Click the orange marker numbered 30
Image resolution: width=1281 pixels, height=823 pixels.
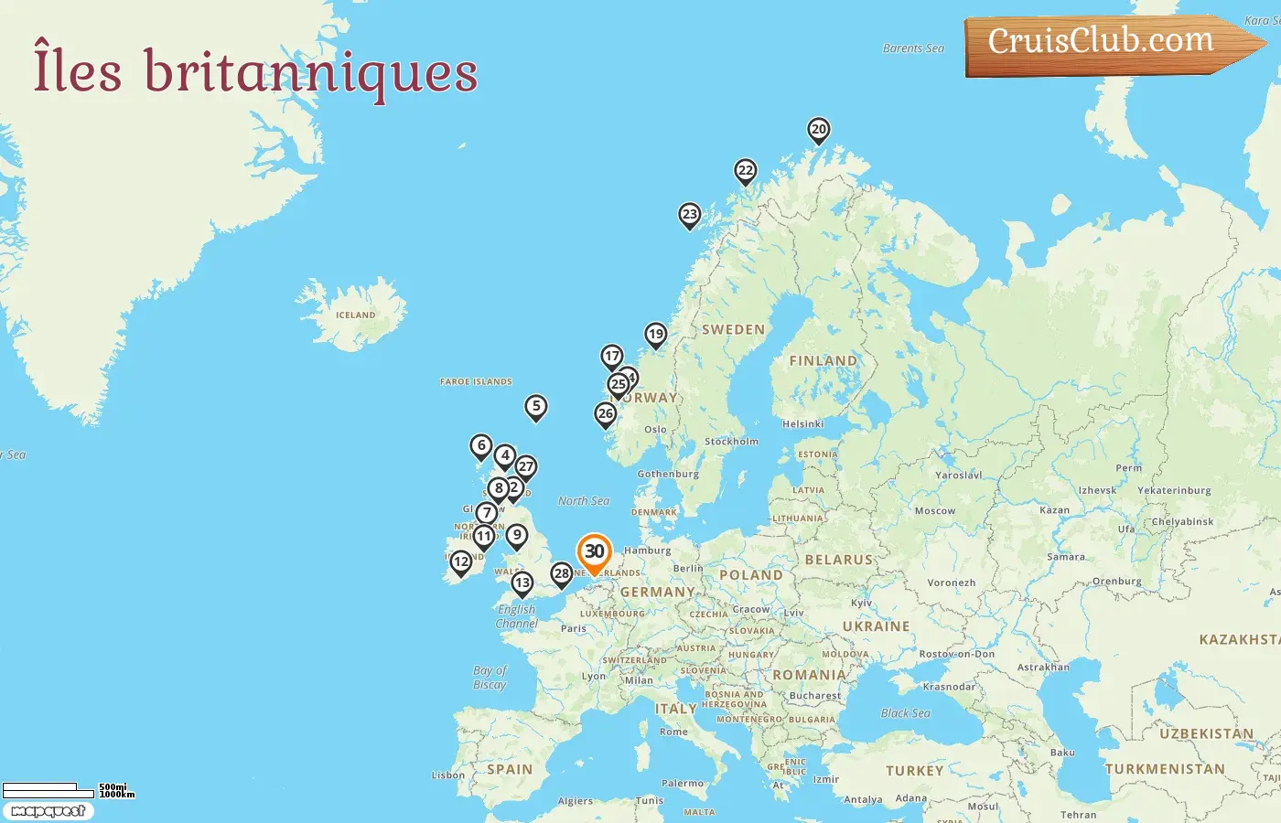point(595,552)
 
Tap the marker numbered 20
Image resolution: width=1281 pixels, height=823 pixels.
point(819,130)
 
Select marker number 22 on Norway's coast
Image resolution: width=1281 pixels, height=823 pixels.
point(746,170)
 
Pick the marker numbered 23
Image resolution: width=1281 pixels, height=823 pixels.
point(690,215)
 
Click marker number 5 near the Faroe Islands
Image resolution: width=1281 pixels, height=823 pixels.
point(536,406)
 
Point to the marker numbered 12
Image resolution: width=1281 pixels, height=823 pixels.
point(461,561)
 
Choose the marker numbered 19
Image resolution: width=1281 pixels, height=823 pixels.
point(655,334)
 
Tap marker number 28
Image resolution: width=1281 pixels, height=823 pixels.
point(562,574)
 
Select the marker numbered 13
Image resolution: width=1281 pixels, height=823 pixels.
point(522,583)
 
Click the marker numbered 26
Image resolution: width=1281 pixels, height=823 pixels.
point(606,413)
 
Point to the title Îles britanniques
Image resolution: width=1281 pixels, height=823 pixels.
point(255,71)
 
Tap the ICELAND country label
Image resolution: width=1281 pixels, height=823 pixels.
point(355,315)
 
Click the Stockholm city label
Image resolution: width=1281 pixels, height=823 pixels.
point(731,442)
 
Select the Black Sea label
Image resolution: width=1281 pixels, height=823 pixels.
point(905,713)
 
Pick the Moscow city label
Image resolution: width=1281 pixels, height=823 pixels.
point(934,511)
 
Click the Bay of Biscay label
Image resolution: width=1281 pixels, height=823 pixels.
point(490,678)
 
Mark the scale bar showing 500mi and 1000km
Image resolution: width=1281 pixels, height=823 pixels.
point(68,789)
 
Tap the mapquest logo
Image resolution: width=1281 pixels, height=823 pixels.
point(48,811)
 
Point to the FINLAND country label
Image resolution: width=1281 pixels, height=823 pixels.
point(823,361)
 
